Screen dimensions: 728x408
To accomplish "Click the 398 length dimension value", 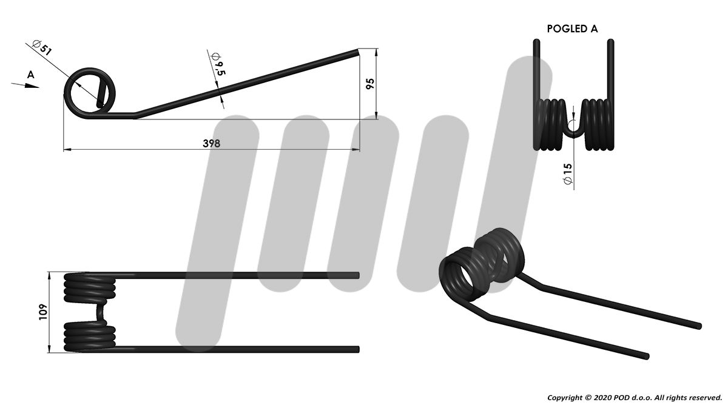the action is tap(211, 143).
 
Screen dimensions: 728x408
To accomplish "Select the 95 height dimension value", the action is tap(370, 84).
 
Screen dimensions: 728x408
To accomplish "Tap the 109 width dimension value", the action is tap(43, 312).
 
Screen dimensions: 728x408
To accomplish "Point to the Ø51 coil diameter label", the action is tap(42, 47).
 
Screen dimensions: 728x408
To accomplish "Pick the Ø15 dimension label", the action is tap(568, 174).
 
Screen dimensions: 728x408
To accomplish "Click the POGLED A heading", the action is tap(572, 29).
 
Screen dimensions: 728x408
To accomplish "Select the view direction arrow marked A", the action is tap(25, 85).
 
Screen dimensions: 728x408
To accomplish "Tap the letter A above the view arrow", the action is tap(30, 75).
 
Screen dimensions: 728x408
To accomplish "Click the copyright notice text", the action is tap(635, 398).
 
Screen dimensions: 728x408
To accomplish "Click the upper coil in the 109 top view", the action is tap(90, 287).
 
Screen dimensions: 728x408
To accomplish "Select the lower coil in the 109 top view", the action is tap(90, 336).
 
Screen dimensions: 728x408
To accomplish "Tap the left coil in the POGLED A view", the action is tap(550, 125).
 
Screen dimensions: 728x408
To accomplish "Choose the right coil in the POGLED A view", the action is tap(599, 125).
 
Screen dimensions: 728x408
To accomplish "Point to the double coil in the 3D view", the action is tap(481, 265).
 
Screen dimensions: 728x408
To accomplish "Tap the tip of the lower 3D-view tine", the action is tap(647, 356).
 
